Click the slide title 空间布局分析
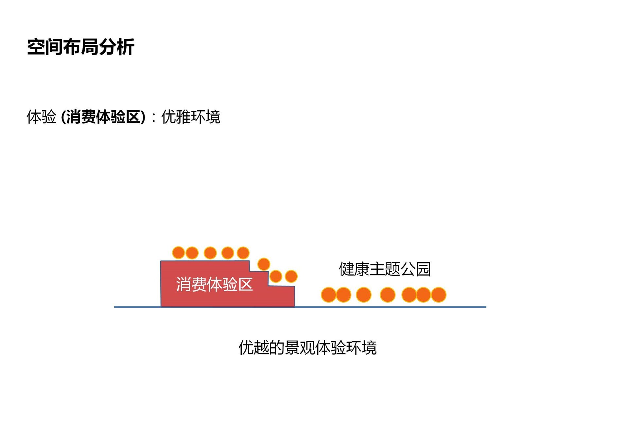click(80, 47)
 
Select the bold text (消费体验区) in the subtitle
click(103, 117)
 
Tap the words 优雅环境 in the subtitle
click(191, 117)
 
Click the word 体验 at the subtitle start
click(41, 117)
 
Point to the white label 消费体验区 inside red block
click(214, 284)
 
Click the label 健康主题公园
click(385, 269)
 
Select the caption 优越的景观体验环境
click(307, 347)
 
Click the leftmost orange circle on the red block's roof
click(179, 253)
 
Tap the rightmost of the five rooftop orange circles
click(243, 253)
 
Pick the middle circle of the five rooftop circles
click(210, 253)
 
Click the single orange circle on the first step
click(264, 264)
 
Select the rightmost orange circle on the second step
click(291, 277)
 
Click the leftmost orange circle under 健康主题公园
click(328, 295)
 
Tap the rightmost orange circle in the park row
click(439, 295)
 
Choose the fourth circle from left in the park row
click(388, 295)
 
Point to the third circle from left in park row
click(364, 295)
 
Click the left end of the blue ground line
click(115, 307)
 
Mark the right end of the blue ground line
click(485, 307)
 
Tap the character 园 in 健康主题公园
click(424, 269)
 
